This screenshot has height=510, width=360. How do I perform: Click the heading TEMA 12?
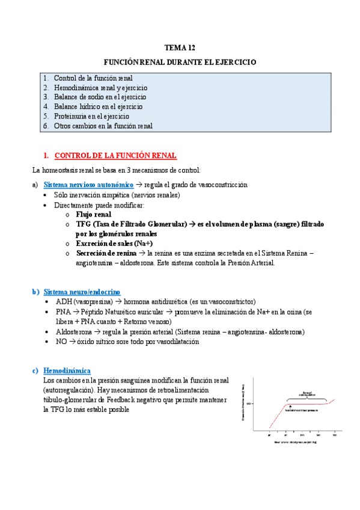point(180,48)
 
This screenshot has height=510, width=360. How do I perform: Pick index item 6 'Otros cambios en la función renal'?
point(103,126)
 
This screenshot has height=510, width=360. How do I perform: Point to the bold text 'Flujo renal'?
point(93,214)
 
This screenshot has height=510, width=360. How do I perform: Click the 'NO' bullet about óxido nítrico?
point(61,342)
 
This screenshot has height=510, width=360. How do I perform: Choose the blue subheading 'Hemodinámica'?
point(67,370)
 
